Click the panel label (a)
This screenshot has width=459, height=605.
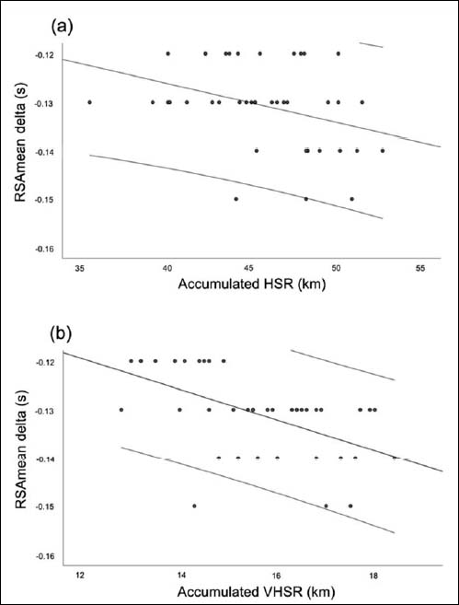click(62, 28)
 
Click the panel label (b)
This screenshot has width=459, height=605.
click(62, 334)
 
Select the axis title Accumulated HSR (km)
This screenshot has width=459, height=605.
click(252, 284)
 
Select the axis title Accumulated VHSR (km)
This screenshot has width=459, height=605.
click(256, 592)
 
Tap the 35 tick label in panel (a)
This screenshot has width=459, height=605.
click(80, 268)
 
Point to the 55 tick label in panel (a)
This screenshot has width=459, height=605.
click(420, 268)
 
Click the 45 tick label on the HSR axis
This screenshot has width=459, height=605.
click(251, 268)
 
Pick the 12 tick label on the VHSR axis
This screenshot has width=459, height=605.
click(80, 576)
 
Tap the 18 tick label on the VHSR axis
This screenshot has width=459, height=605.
click(373, 576)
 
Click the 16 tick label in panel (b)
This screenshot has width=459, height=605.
click(276, 576)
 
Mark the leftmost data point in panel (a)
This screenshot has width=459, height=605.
click(90, 102)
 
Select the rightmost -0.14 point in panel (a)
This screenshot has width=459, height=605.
click(383, 150)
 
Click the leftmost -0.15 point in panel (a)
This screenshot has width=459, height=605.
click(236, 199)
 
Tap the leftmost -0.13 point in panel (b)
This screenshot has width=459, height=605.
click(121, 410)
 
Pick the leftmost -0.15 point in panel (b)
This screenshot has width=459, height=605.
click(194, 506)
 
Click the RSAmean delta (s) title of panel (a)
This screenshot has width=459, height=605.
click(22, 143)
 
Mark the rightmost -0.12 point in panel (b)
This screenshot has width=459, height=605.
click(224, 361)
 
